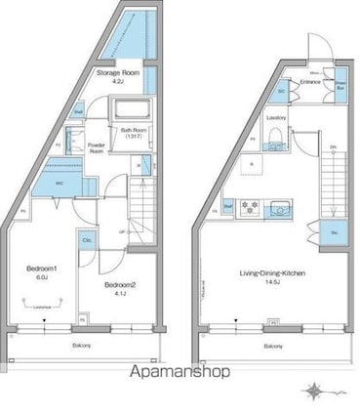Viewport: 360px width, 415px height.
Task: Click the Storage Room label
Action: pos(118,72)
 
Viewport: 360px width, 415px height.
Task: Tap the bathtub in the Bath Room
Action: pos(135,109)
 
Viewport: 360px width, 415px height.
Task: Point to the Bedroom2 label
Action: pos(120,284)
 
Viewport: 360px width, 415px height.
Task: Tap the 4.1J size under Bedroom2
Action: pos(120,293)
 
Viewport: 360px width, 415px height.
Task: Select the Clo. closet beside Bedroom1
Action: pos(87,240)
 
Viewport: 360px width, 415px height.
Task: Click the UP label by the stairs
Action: pos(121,231)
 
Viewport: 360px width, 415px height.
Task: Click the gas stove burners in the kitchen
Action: pos(249,206)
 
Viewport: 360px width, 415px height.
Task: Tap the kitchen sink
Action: pos(280,206)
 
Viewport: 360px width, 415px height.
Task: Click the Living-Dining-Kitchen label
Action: pos(275,274)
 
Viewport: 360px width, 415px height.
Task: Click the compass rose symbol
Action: pos(316,393)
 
